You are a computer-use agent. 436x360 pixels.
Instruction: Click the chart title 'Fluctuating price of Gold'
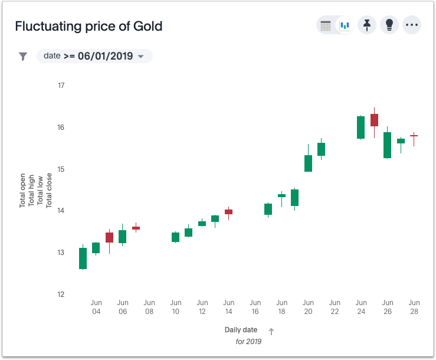click(88, 27)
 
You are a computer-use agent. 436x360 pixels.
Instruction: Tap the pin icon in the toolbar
click(367, 25)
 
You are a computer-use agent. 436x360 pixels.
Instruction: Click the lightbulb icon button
click(389, 25)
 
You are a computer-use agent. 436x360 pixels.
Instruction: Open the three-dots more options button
click(412, 25)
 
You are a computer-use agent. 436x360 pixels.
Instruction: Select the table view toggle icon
click(326, 25)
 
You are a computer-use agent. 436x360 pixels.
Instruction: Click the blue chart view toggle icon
click(345, 25)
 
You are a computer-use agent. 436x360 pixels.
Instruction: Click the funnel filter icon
click(23, 56)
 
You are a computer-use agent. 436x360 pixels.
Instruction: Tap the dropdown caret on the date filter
click(140, 57)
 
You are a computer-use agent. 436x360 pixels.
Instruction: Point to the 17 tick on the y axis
click(61, 86)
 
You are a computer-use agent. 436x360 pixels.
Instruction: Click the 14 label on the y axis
click(61, 211)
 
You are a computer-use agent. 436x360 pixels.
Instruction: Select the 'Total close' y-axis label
click(49, 190)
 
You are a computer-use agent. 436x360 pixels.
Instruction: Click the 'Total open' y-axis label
click(22, 190)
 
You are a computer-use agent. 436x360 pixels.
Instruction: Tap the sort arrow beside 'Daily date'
click(271, 331)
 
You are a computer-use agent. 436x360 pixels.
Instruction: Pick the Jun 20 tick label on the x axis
click(308, 307)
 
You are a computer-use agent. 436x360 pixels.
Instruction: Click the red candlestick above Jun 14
click(228, 211)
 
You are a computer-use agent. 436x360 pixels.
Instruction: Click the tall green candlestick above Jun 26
click(387, 145)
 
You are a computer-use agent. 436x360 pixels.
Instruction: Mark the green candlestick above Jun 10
click(175, 237)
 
